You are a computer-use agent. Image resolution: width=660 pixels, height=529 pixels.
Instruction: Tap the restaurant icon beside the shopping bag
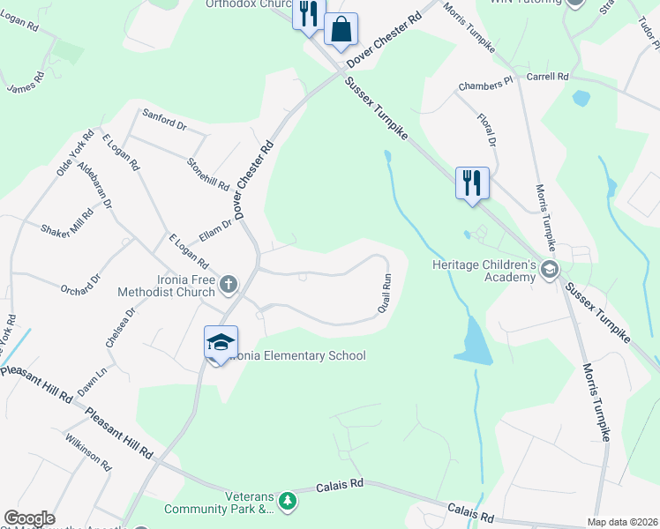(x=308, y=15)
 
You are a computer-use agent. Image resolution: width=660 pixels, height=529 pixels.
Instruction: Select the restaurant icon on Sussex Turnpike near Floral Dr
(x=471, y=183)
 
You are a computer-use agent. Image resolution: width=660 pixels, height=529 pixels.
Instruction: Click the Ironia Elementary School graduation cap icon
(x=221, y=341)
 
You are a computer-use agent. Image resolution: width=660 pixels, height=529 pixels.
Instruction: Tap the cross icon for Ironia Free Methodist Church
(x=229, y=284)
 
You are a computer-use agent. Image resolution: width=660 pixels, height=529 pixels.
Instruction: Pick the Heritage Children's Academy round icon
(x=550, y=269)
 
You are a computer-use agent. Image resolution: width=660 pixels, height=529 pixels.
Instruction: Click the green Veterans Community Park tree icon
(x=286, y=502)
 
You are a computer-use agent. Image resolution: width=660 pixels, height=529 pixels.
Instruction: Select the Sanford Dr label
(x=164, y=121)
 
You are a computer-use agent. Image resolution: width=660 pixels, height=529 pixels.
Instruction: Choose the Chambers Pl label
(x=485, y=86)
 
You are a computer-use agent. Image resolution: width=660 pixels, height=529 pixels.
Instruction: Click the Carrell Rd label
(x=547, y=77)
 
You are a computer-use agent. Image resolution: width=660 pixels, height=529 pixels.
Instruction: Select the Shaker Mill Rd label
(x=67, y=222)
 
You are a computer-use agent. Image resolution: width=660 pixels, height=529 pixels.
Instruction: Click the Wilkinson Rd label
(x=87, y=451)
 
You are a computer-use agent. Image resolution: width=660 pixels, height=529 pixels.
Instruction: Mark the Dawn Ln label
(x=92, y=380)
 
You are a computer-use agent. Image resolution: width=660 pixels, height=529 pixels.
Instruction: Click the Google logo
(x=29, y=518)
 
